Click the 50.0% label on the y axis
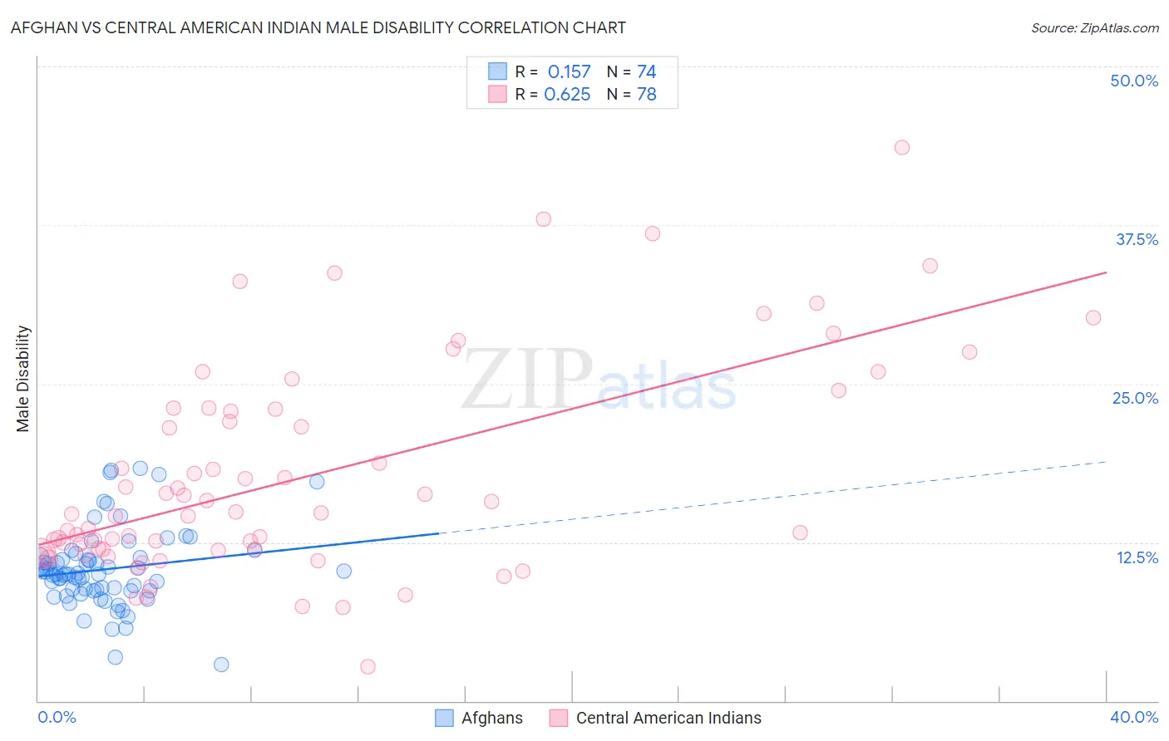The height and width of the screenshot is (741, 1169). tap(1134, 81)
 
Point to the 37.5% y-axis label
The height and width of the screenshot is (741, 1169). tap(1137, 239)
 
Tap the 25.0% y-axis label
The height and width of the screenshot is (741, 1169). tap(1135, 398)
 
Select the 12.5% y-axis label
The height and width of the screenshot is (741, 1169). tap(1137, 557)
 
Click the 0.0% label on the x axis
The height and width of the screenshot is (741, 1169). tap(57, 717)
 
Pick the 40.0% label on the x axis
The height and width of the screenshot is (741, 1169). tap(1134, 717)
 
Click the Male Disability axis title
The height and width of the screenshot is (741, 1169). tap(23, 378)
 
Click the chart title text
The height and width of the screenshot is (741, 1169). tap(318, 27)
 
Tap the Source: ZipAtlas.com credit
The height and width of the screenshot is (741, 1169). tap(1094, 27)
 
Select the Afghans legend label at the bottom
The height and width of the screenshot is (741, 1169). tap(492, 718)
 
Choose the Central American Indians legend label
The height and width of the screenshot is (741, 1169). tap(668, 718)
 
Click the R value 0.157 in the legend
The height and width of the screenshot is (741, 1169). tap(569, 72)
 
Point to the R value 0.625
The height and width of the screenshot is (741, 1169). tap(567, 95)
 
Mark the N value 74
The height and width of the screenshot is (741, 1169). tap(646, 72)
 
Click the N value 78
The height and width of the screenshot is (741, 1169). tap(646, 95)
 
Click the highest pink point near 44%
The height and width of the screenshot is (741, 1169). tap(902, 148)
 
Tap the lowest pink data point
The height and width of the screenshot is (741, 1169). tap(367, 666)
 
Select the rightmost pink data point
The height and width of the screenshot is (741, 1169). tap(1093, 317)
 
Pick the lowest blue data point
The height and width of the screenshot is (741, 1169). tap(221, 665)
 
